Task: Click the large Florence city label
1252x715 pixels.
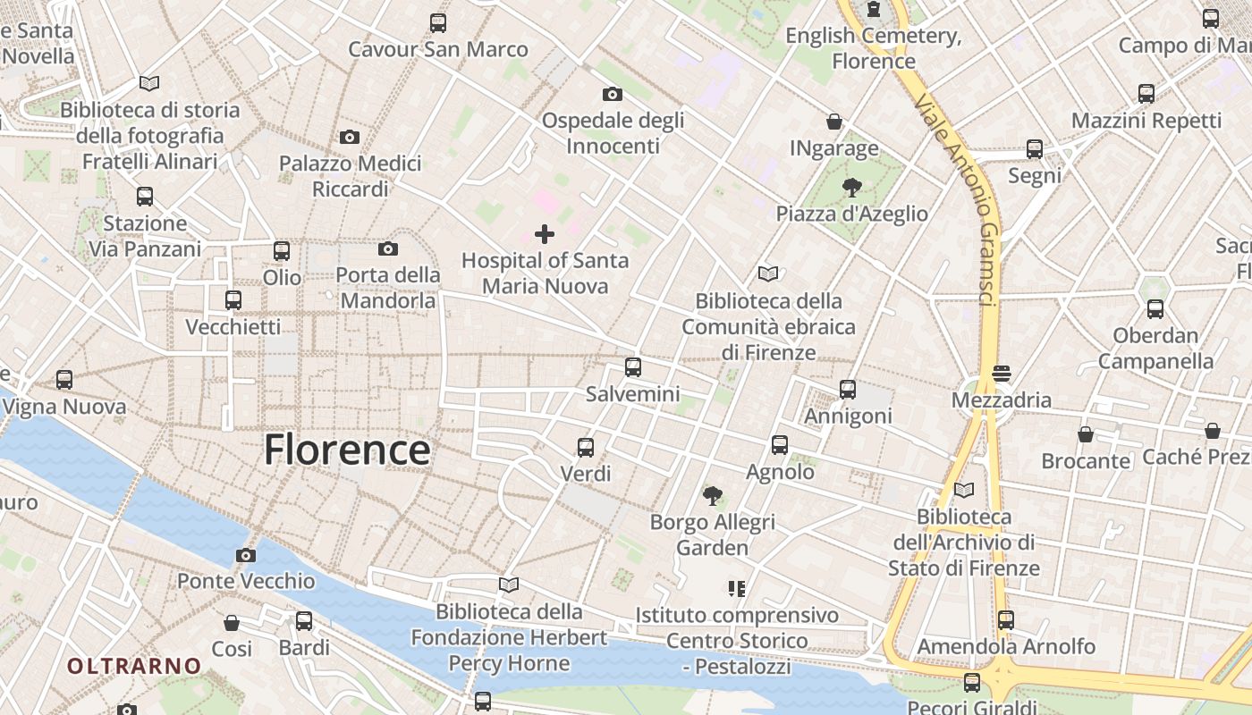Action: [x=347, y=450]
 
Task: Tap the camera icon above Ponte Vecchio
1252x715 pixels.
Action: [x=246, y=555]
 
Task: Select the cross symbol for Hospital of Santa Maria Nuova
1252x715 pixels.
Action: [x=545, y=234]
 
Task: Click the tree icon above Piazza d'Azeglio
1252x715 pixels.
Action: [x=852, y=188]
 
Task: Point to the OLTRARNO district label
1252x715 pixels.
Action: [x=134, y=666]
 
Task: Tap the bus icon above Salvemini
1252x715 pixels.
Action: [x=633, y=366]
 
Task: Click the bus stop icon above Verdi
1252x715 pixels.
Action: [x=586, y=447]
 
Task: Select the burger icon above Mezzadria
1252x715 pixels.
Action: [x=1001, y=373]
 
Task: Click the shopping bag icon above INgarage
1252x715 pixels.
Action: [x=834, y=122]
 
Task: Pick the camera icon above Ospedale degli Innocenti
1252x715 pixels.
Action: [x=613, y=94]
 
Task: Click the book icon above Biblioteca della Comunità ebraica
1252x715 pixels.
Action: [x=767, y=273]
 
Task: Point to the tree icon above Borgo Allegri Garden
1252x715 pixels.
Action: [x=713, y=495]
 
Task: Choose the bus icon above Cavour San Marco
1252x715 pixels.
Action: [x=438, y=23]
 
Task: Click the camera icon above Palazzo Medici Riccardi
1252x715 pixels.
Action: [x=350, y=137]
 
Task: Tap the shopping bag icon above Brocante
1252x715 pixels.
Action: [x=1086, y=434]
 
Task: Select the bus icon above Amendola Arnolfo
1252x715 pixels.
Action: [x=1006, y=619]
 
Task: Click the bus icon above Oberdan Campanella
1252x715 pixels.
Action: [x=1155, y=309]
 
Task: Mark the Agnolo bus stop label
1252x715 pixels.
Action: [x=780, y=471]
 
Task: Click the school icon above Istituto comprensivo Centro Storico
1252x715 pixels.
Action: [x=737, y=588]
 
